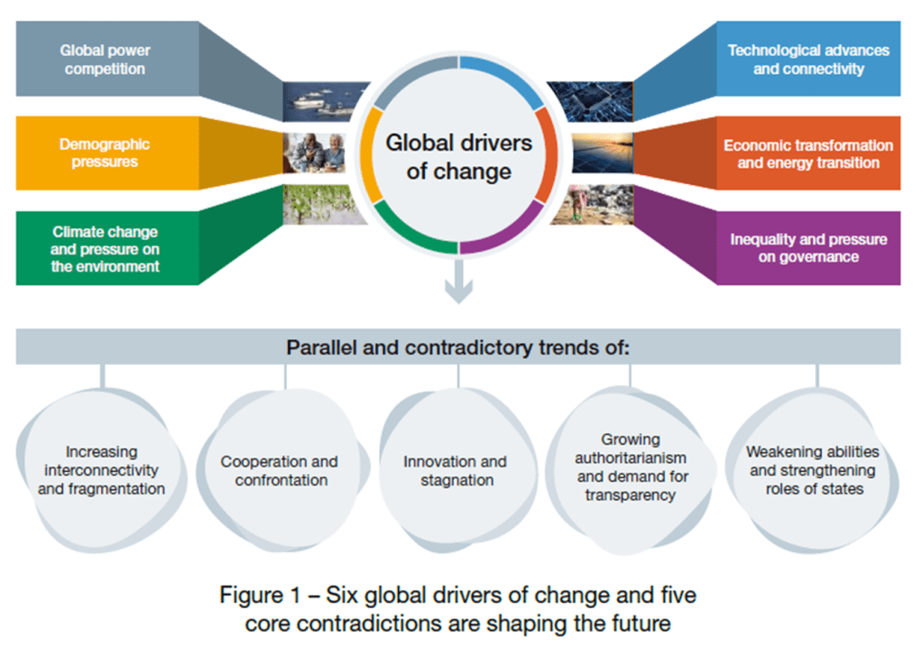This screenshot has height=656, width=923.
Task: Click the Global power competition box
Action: coord(105,60)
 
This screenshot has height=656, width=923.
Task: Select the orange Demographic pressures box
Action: coord(105,153)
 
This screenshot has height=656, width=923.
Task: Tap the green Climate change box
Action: coord(106,249)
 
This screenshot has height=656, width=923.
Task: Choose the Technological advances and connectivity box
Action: coord(808,60)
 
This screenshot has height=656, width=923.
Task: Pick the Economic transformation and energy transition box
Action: coord(808,153)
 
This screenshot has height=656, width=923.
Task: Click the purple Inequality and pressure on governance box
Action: coord(808,248)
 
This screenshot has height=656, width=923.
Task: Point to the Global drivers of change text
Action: coord(458,156)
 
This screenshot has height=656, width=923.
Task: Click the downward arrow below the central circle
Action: coord(459,283)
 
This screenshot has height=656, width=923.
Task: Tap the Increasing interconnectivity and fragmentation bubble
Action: coord(101,470)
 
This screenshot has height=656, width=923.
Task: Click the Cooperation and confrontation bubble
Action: coord(279,470)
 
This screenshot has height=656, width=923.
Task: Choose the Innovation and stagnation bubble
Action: coord(455,470)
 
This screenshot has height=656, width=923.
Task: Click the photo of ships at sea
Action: coord(326,102)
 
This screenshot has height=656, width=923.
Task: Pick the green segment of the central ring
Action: coord(411,235)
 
